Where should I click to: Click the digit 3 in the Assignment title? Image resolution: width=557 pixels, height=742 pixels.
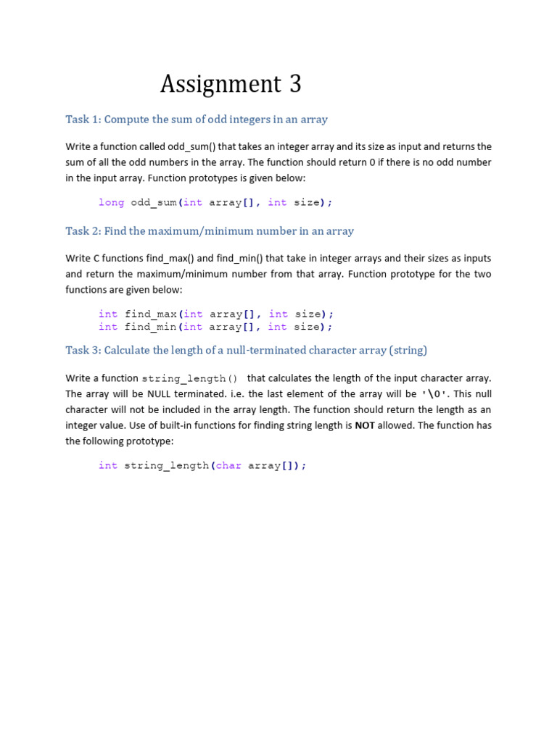click(294, 85)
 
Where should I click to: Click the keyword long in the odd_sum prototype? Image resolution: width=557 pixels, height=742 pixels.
click(112, 203)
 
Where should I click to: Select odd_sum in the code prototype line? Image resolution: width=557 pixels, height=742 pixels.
click(154, 203)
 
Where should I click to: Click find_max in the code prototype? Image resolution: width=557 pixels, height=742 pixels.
click(151, 314)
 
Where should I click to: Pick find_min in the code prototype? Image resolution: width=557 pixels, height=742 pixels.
click(151, 327)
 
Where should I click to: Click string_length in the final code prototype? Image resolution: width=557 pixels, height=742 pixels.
click(166, 466)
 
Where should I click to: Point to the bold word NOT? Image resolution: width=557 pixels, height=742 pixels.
click(365, 425)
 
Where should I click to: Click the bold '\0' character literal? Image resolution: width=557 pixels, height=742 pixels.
click(434, 394)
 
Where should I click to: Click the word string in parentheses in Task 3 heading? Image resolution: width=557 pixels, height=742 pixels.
click(408, 350)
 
